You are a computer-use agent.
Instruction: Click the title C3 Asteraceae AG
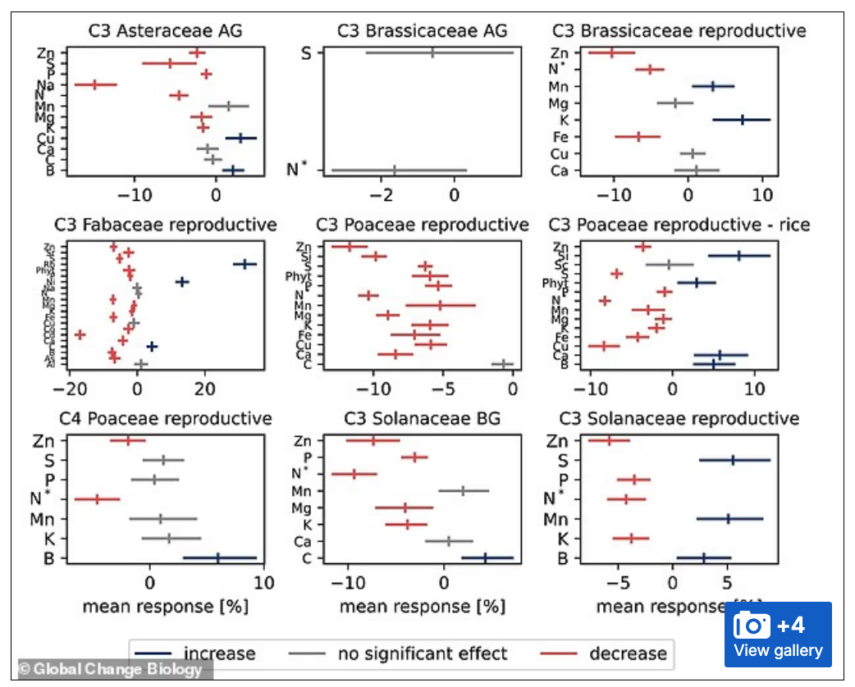tap(170, 32)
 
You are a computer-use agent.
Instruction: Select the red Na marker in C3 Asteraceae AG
tap(95, 84)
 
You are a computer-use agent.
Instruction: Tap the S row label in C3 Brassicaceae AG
tap(307, 53)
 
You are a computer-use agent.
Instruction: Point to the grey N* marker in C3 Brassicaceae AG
tap(395, 171)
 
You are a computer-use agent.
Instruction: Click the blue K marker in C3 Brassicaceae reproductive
tap(742, 120)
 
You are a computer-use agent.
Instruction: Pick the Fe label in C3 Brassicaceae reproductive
tap(560, 137)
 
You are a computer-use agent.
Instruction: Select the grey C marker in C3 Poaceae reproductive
tap(502, 363)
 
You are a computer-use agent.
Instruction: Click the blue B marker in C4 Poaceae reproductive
tap(219, 557)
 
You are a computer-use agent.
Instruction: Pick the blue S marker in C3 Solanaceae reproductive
tap(734, 460)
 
